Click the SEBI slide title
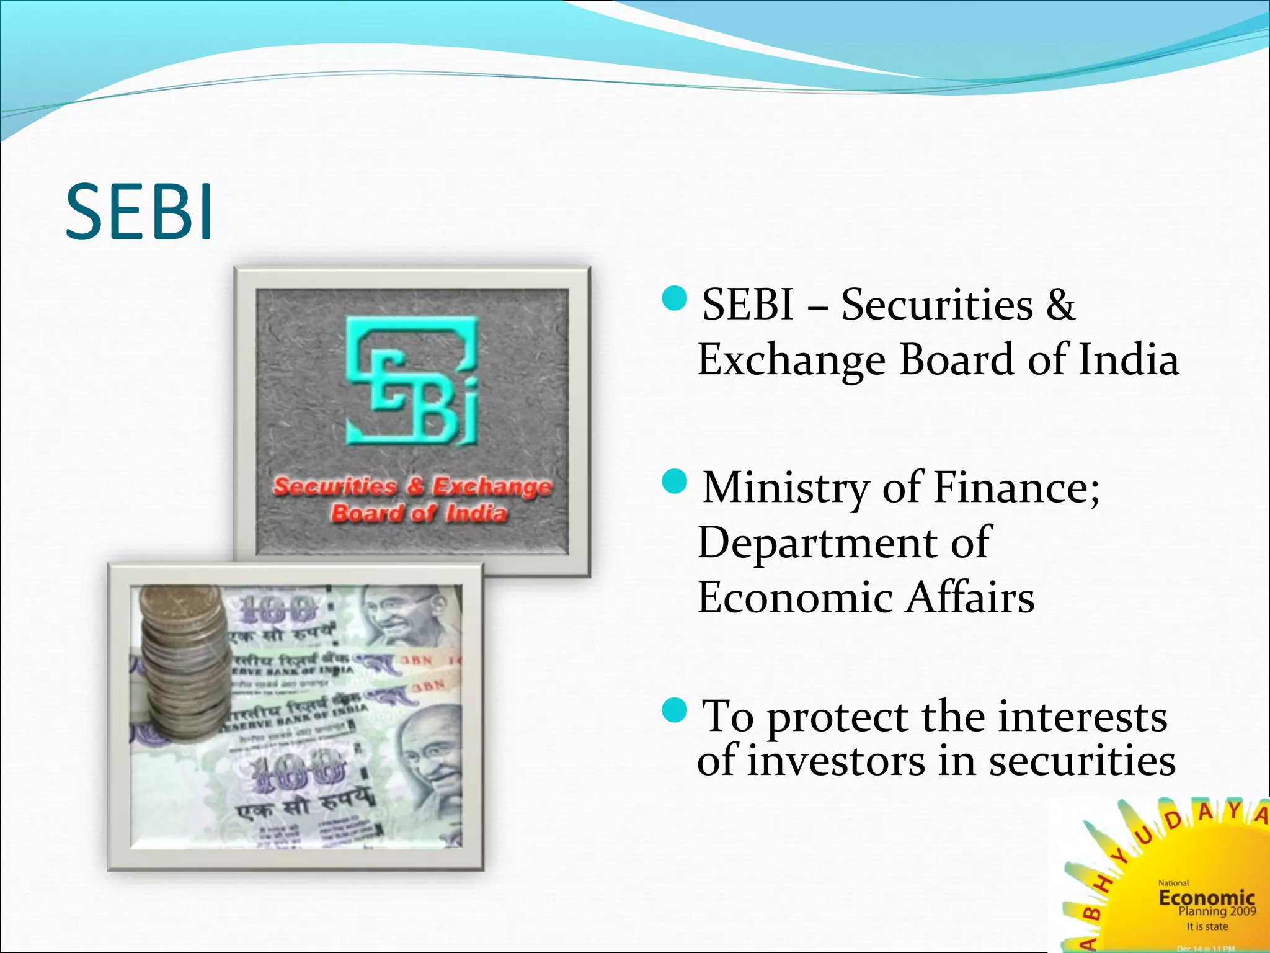pyautogui.click(x=140, y=212)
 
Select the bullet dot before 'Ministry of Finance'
pyautogui.click(x=675, y=481)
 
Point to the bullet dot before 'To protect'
pyautogui.click(x=675, y=710)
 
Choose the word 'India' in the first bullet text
pyautogui.click(x=1128, y=360)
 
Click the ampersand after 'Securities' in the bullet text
pyautogui.click(x=1060, y=305)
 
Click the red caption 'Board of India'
pyautogui.click(x=419, y=513)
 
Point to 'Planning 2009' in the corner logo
pyautogui.click(x=1217, y=911)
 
